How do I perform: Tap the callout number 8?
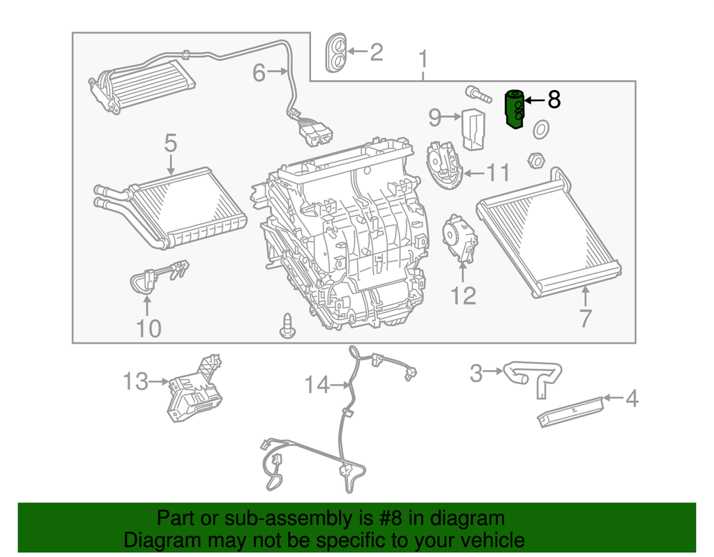(x=554, y=100)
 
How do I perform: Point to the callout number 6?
(x=259, y=72)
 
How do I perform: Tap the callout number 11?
(x=498, y=173)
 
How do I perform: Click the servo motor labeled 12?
(x=459, y=238)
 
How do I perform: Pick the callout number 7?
(x=585, y=318)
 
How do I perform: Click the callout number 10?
(x=149, y=328)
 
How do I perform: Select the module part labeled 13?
(x=194, y=392)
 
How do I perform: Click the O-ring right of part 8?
(x=540, y=129)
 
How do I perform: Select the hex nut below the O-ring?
(x=535, y=160)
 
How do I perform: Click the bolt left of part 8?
(x=475, y=92)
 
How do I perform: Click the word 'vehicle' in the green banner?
(x=487, y=540)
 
